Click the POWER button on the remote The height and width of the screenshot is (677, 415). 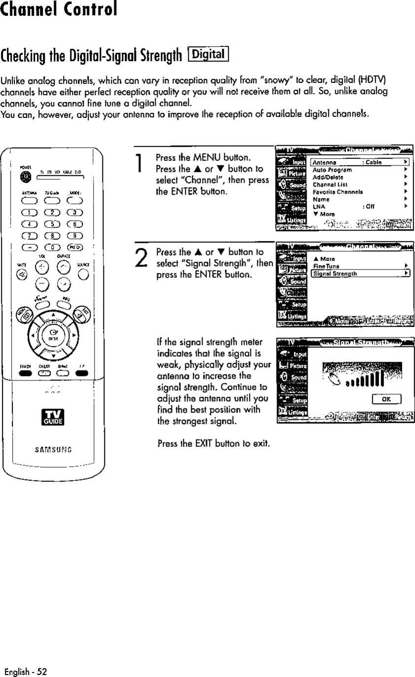pyautogui.click(x=23, y=177)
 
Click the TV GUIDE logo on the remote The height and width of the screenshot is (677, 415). pyautogui.click(x=53, y=417)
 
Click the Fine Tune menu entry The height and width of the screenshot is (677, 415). pyautogui.click(x=324, y=266)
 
